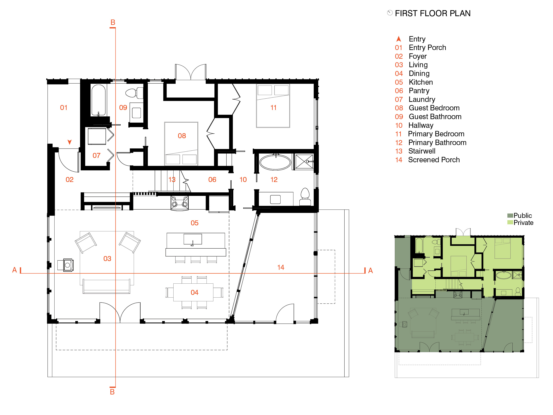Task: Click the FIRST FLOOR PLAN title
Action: (x=433, y=13)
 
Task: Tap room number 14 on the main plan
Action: (x=281, y=267)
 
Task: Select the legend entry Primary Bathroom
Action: (x=437, y=142)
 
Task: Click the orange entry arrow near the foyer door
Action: (x=70, y=142)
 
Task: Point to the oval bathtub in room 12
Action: (x=275, y=162)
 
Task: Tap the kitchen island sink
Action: (x=192, y=239)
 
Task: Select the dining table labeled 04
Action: (x=193, y=292)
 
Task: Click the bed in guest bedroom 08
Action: (x=181, y=144)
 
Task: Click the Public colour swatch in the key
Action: (x=510, y=215)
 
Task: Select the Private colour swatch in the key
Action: (x=510, y=222)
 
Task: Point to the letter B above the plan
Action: (x=113, y=22)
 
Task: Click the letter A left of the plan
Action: (x=15, y=270)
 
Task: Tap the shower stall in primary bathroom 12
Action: (x=304, y=162)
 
